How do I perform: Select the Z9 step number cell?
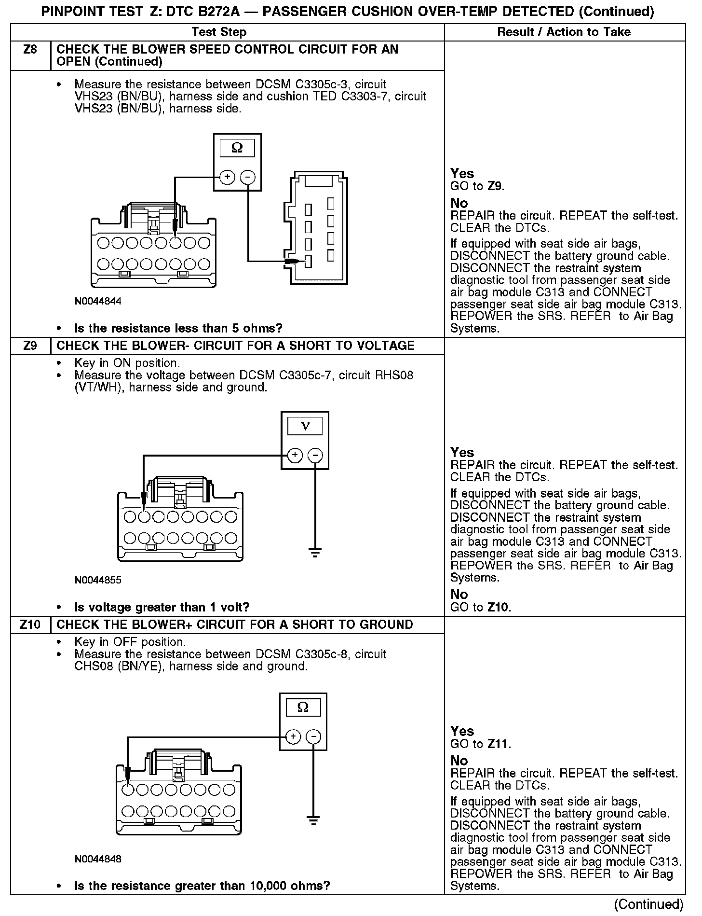[x=30, y=346]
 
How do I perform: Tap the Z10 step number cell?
[x=30, y=625]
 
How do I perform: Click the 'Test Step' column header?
[x=219, y=32]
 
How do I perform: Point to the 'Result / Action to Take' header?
[x=564, y=32]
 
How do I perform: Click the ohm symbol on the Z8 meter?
[x=237, y=148]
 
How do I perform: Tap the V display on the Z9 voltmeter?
[x=305, y=426]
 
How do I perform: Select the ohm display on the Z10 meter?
[x=303, y=708]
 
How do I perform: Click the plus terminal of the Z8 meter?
[x=227, y=177]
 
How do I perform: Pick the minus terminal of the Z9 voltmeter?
[x=315, y=455]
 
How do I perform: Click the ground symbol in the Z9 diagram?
[x=315, y=553]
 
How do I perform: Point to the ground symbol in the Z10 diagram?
[x=313, y=820]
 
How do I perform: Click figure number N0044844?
[x=98, y=302]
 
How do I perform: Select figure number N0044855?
[x=98, y=580]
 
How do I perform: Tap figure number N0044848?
[x=98, y=859]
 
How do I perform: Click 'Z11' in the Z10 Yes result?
[x=499, y=744]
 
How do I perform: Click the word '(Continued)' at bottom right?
[x=649, y=904]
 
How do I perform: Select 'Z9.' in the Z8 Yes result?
[x=496, y=186]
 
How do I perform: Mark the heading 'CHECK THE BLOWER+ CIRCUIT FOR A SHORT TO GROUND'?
[x=235, y=625]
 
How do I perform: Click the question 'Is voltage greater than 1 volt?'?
[x=162, y=607]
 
